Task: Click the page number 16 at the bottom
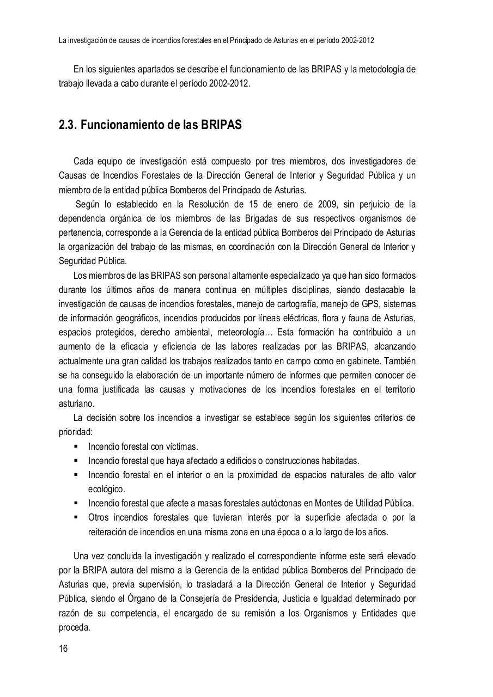click(x=63, y=649)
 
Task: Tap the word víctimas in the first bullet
click(x=181, y=447)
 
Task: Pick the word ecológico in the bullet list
click(x=107, y=489)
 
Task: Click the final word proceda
click(x=74, y=627)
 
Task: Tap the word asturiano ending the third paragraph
click(x=77, y=404)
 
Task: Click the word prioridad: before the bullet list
click(x=76, y=432)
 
